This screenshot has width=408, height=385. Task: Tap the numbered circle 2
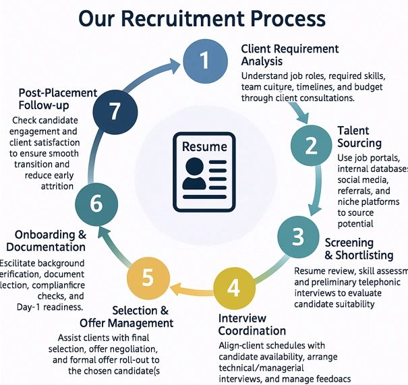(311, 145)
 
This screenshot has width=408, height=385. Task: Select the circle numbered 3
(298, 237)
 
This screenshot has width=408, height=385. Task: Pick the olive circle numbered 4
(233, 288)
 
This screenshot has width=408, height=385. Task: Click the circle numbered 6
(96, 201)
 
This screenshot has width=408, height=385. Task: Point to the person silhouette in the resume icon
(194, 175)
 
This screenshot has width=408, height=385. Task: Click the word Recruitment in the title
(196, 18)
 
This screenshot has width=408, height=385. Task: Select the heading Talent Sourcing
(359, 137)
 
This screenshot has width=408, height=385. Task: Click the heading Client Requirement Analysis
(290, 56)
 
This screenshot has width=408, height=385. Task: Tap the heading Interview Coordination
(252, 324)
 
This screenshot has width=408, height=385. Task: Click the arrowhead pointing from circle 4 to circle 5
(173, 290)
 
